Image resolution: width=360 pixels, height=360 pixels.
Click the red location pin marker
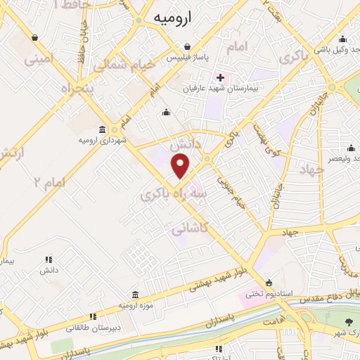(181, 166)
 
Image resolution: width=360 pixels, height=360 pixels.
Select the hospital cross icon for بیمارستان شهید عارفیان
(220, 77)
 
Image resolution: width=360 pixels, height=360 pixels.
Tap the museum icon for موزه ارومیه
(136, 295)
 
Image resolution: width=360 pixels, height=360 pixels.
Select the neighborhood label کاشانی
(190, 229)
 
